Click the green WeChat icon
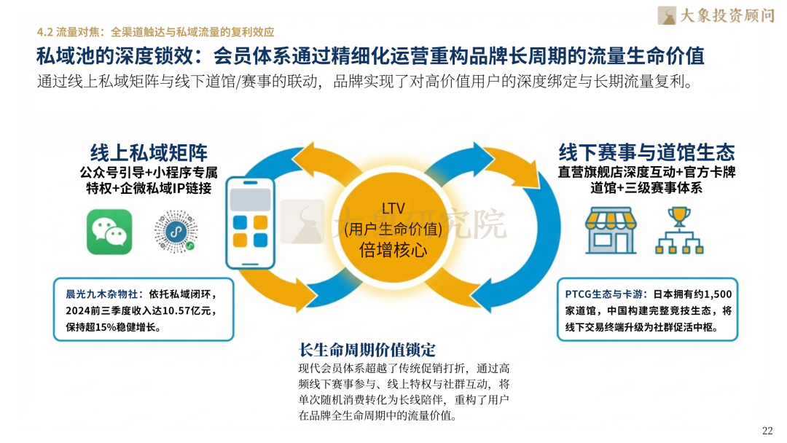109,232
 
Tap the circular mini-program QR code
176,232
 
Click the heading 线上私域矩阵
149,152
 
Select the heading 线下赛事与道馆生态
646,152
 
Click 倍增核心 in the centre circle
393,251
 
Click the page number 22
767,430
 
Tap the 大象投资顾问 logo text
727,15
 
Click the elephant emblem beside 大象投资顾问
667,15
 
